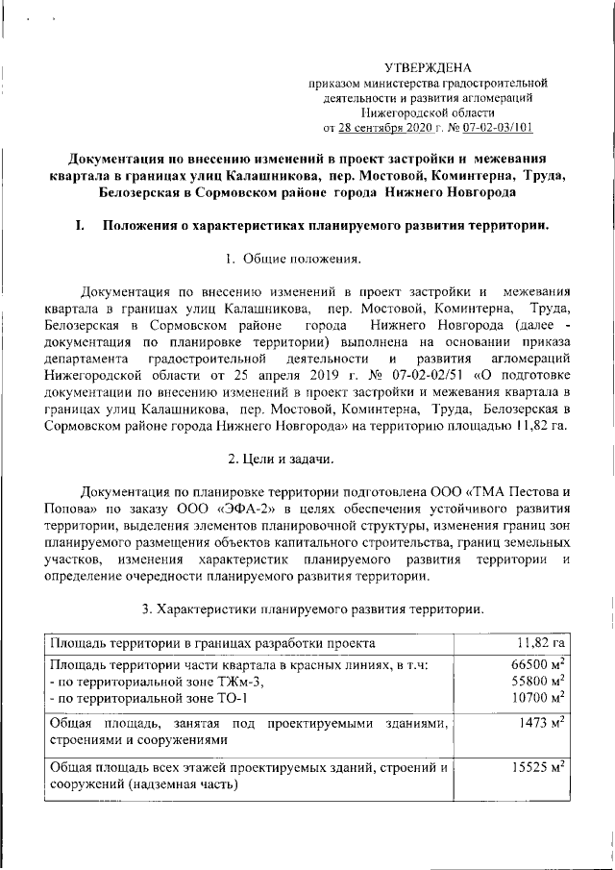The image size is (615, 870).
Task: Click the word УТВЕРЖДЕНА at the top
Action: click(428, 67)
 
